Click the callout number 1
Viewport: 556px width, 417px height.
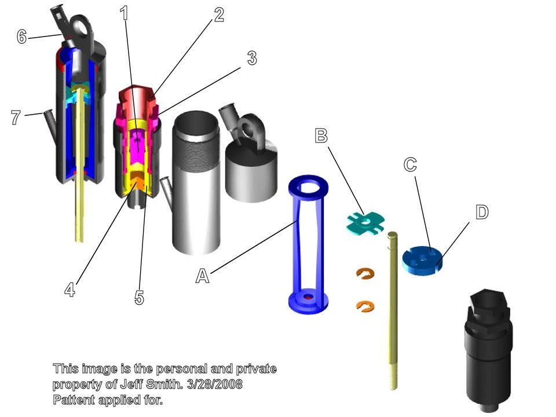pos(124,13)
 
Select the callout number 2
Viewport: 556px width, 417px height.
pos(219,15)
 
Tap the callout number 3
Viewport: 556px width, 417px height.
pos(252,58)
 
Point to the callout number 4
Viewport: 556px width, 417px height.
pos(70,290)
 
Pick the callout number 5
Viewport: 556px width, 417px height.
pos(140,297)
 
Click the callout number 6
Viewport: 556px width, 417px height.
pos(21,36)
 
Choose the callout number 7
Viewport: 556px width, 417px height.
pos(16,118)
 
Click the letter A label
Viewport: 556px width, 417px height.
pos(203,276)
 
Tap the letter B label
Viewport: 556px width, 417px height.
pos(321,136)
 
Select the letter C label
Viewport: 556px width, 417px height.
pos(410,164)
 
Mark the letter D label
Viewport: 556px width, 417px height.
pos(482,212)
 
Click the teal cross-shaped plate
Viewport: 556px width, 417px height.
pos(365,223)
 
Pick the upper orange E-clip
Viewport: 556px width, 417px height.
pos(365,273)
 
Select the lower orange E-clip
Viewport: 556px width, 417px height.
pos(365,306)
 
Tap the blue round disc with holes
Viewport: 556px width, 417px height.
pos(422,260)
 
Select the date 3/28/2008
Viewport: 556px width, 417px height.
pos(214,384)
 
